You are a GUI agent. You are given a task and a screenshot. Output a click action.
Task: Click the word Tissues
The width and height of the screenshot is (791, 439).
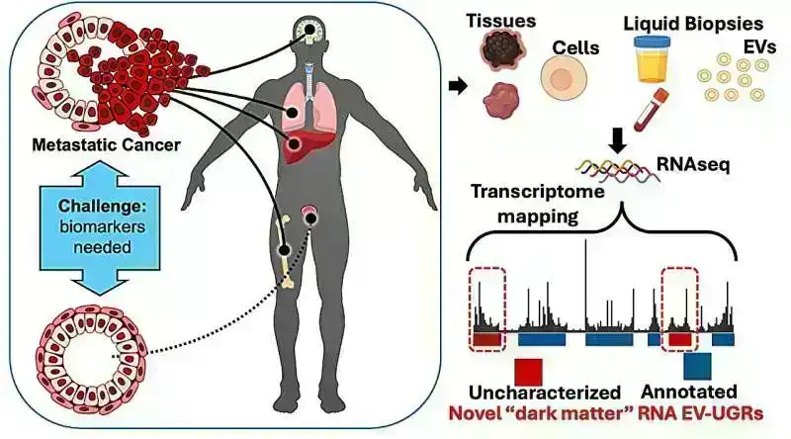(x=502, y=21)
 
